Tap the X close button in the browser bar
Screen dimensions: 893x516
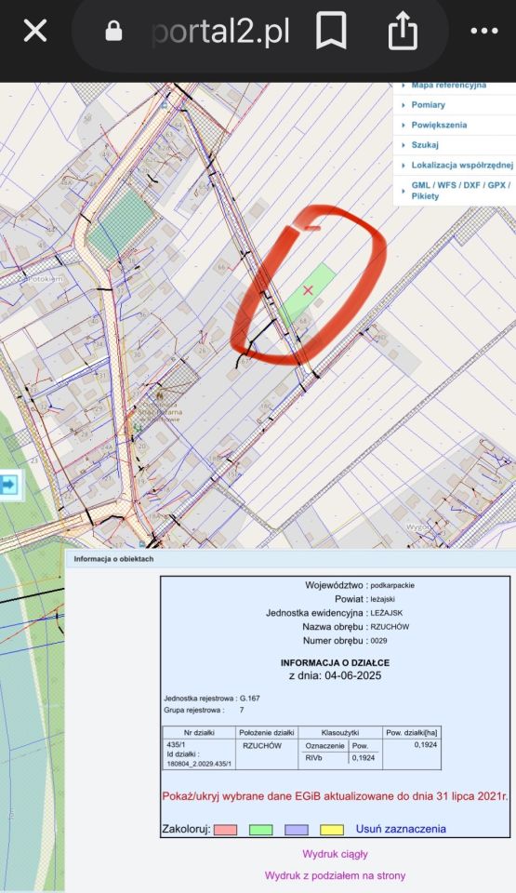34,32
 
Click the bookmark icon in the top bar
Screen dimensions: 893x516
331,32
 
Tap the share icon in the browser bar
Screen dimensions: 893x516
403,32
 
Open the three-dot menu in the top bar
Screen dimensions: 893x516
483,32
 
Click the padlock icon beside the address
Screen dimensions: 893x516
113,32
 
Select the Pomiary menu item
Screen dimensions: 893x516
428,105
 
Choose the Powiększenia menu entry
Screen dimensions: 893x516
439,125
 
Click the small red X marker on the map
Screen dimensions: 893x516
309,291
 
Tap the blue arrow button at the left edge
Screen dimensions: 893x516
9,485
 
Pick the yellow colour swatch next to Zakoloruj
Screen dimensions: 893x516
332,829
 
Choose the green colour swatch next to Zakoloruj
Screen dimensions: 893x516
260,829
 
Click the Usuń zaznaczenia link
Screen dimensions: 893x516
401,829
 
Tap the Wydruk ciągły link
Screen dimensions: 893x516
335,853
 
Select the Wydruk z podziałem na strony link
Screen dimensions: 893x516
335,875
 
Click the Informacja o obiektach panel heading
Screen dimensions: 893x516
113,559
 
